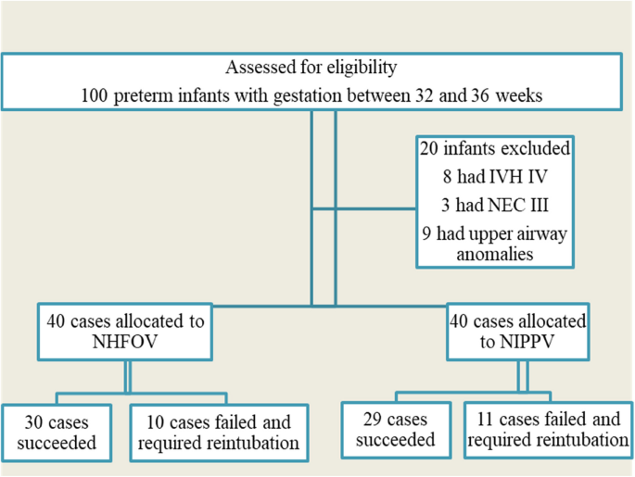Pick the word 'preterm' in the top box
[165, 96]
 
